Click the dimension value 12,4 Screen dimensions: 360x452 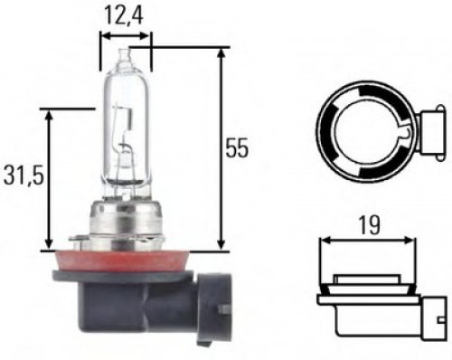click(x=126, y=15)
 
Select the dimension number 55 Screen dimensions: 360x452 click(x=236, y=148)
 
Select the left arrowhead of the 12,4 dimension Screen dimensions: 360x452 click(x=103, y=37)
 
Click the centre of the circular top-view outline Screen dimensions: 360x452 click(x=366, y=133)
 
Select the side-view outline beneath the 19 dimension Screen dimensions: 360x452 click(x=371, y=298)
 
